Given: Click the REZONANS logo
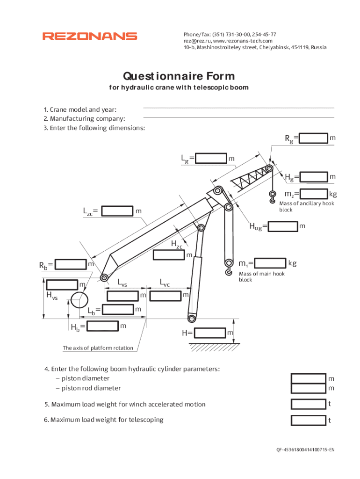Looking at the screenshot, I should click(90, 36).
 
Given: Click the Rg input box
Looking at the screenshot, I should click(313, 138).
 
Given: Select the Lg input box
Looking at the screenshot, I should click(211, 159).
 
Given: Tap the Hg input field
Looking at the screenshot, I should click(313, 177).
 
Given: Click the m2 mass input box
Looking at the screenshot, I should click(313, 193).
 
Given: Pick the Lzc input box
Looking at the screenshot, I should click(117, 211).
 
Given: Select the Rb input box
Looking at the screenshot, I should click(71, 264).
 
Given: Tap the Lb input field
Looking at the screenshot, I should click(117, 310).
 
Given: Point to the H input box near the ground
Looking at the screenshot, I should click(210, 333).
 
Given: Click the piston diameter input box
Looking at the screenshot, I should click(308, 378).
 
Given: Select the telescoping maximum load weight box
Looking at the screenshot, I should click(308, 420).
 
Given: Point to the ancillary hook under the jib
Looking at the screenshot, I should click(272, 197).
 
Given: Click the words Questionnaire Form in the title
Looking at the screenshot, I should click(179, 76).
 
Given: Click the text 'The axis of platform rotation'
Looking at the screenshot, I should click(98, 348).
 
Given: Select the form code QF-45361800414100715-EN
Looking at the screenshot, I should click(305, 450).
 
